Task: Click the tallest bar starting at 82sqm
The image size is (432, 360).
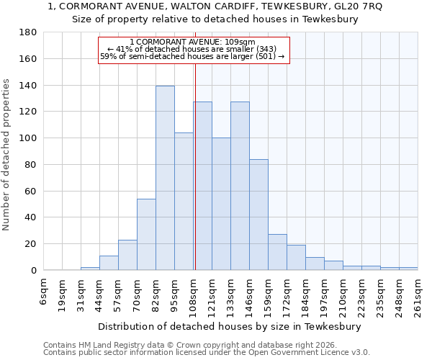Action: click(165, 178)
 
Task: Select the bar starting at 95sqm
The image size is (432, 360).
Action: click(184, 202)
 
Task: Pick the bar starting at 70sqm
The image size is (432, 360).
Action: click(146, 234)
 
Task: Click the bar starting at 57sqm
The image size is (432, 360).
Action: click(127, 255)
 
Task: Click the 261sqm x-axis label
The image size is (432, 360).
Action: click(418, 292)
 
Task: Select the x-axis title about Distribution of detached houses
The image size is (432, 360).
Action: click(230, 326)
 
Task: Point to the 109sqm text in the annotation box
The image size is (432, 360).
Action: click(240, 42)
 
